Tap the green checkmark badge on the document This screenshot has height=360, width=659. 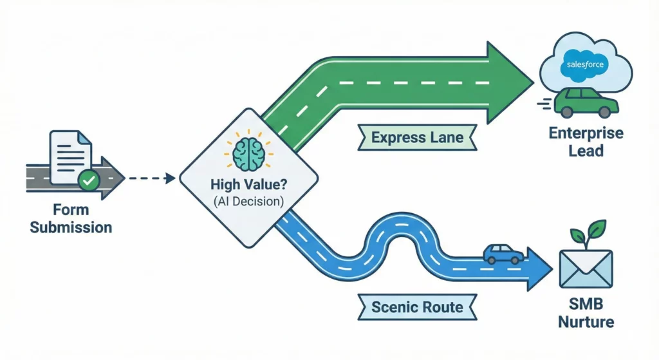pos(89,182)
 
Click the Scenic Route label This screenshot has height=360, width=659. pos(417,307)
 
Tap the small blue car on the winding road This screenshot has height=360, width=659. pos(504,254)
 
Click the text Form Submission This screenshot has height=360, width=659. pos(71,219)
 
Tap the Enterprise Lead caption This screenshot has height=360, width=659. pos(586,142)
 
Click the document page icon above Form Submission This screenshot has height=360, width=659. pos(70,158)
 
